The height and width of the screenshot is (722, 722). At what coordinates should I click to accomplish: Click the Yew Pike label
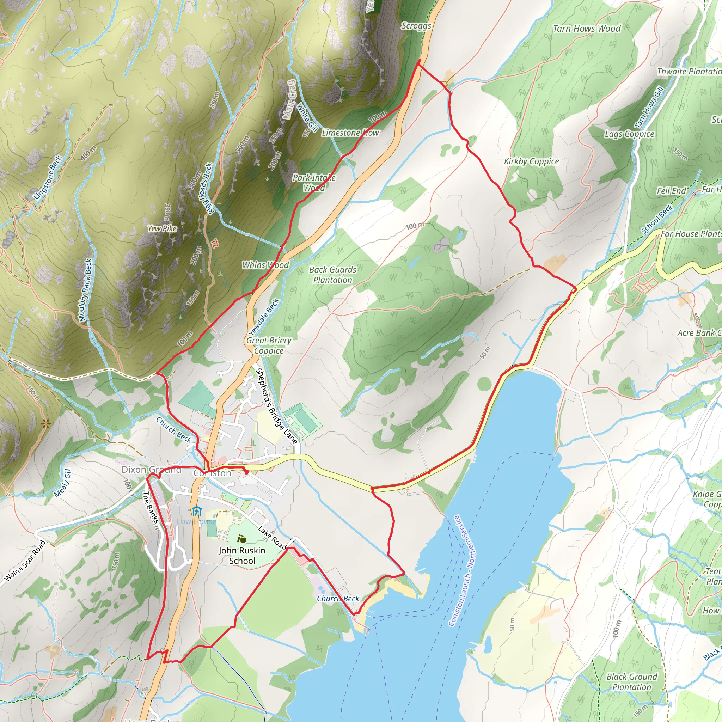click(x=162, y=228)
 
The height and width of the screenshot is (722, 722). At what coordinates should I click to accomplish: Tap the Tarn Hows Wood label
click(x=586, y=29)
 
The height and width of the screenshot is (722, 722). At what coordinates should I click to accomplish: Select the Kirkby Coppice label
click(x=531, y=161)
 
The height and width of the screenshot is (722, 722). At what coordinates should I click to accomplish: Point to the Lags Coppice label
click(x=629, y=134)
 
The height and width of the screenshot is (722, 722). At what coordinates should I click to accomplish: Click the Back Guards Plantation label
click(x=332, y=275)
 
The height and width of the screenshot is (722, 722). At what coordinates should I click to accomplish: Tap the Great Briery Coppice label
click(x=269, y=346)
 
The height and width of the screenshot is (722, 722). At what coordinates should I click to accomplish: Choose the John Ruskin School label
click(x=242, y=556)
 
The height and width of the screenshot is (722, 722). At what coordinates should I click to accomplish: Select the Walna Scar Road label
click(x=25, y=561)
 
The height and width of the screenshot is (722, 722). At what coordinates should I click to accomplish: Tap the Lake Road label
click(x=273, y=538)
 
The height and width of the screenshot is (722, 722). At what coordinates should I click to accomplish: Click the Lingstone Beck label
click(x=48, y=177)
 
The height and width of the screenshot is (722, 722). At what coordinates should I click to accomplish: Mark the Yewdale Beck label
click(x=264, y=317)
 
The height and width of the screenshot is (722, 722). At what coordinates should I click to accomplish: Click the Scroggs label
click(x=416, y=26)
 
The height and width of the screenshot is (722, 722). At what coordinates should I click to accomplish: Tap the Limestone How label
click(x=350, y=133)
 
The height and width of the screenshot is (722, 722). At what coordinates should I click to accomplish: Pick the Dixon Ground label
click(x=151, y=470)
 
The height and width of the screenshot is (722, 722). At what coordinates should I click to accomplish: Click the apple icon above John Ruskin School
click(x=242, y=539)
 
